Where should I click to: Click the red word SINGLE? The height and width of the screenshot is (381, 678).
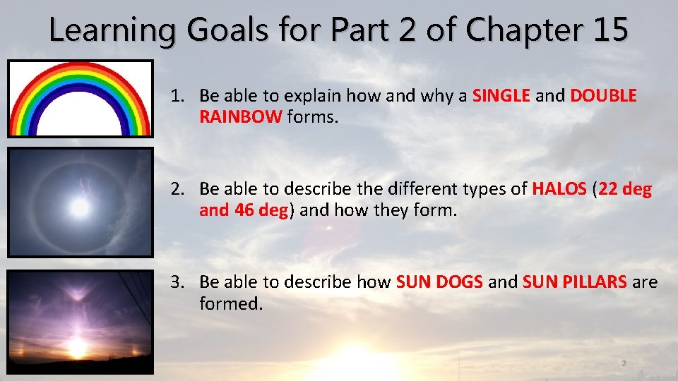pos(501,95)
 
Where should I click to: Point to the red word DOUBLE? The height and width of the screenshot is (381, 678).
pos(602,95)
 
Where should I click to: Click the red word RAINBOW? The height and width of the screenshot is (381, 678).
pos(240,116)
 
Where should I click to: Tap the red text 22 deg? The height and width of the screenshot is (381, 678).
pos(625,189)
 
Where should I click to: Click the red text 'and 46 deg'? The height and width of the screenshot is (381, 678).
pos(244,210)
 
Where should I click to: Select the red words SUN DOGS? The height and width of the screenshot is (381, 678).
pos(440,282)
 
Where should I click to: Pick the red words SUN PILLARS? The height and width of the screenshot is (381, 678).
pos(574,282)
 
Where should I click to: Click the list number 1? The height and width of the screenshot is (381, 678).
pos(177,95)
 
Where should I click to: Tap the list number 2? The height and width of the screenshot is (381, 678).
pos(177,189)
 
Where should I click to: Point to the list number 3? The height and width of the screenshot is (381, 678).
pos(177,282)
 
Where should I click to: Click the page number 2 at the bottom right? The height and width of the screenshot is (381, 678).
pos(624,363)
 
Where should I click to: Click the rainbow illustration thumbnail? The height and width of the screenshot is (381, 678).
pos(80,99)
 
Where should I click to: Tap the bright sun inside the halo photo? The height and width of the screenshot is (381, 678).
pos(80,207)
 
